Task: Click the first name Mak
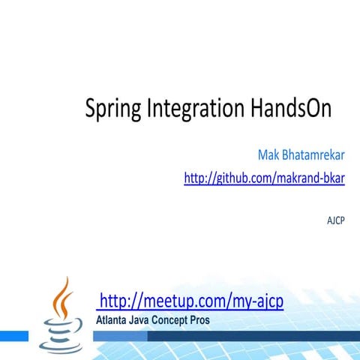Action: pyautogui.click(x=268, y=155)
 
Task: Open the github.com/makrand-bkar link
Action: pyautogui.click(x=264, y=178)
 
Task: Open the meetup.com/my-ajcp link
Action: pyautogui.click(x=191, y=301)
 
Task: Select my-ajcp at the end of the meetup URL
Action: pyautogui.click(x=256, y=301)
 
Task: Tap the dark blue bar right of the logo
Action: pyautogui.click(x=225, y=336)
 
